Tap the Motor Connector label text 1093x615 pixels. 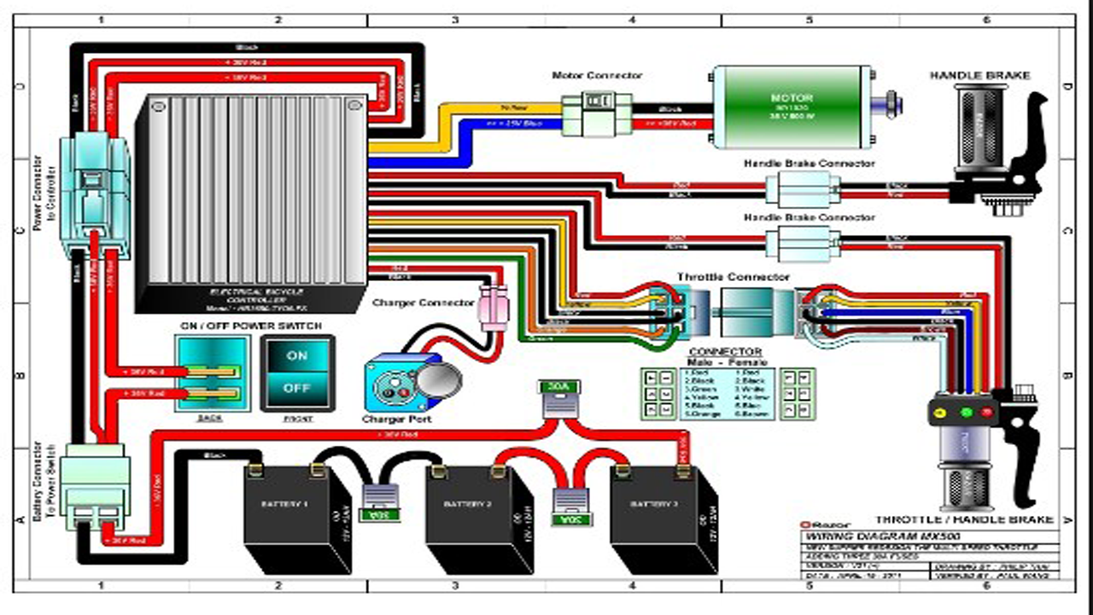(597, 76)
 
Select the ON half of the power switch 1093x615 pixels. (297, 355)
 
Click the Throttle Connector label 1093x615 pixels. (733, 278)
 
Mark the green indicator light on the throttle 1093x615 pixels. (967, 413)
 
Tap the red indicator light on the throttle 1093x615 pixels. (988, 413)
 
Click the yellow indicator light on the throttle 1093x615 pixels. (941, 413)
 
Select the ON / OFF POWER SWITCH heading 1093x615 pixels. (251, 326)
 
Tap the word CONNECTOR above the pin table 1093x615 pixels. (725, 351)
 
